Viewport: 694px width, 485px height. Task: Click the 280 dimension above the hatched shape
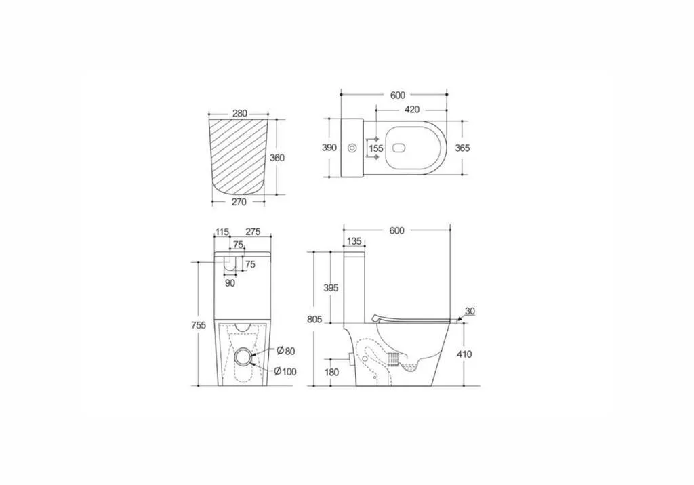[x=239, y=113]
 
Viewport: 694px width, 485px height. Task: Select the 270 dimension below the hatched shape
[x=239, y=202]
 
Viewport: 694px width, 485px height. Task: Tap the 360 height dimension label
[x=277, y=158]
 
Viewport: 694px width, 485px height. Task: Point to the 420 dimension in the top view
[x=411, y=109]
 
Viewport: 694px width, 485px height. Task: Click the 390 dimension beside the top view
[x=329, y=148]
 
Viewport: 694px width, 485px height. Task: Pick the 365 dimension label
[x=462, y=148]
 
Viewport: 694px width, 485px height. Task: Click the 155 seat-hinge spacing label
[x=376, y=148]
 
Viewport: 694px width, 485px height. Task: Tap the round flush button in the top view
[x=352, y=148]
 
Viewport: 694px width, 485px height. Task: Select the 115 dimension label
[x=222, y=232]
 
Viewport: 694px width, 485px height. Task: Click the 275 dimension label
[x=253, y=232]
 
